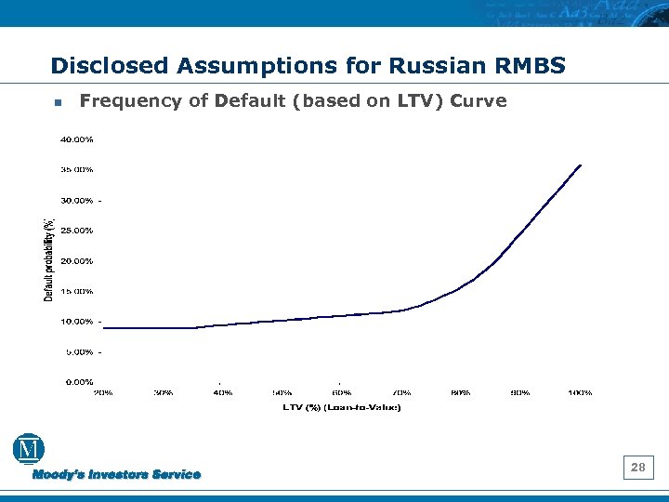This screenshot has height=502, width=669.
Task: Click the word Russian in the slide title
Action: click(x=432, y=66)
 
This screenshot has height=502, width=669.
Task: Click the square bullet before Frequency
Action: click(x=58, y=102)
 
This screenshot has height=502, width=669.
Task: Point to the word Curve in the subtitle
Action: click(x=478, y=100)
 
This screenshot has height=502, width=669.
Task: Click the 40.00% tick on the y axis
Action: click(x=77, y=139)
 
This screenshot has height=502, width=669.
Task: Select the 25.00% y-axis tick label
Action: click(x=77, y=231)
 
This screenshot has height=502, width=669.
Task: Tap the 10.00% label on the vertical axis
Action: click(x=77, y=322)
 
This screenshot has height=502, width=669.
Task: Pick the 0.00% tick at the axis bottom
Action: click(x=79, y=382)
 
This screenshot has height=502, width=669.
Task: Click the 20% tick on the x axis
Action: click(x=103, y=392)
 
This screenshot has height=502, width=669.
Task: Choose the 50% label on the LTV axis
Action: click(x=282, y=392)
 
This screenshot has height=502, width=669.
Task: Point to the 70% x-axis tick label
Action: click(x=401, y=392)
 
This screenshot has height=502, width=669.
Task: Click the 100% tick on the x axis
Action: click(x=580, y=392)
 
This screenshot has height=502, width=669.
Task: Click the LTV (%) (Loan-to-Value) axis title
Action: click(x=342, y=407)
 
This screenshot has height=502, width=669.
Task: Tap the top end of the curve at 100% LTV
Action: click(x=581, y=165)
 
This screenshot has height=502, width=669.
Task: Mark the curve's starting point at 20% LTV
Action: click(x=103, y=327)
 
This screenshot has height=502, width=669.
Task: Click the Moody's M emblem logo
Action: click(x=29, y=449)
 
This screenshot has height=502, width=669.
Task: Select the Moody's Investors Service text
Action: click(x=117, y=475)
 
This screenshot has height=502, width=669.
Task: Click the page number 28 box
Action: click(x=638, y=468)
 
